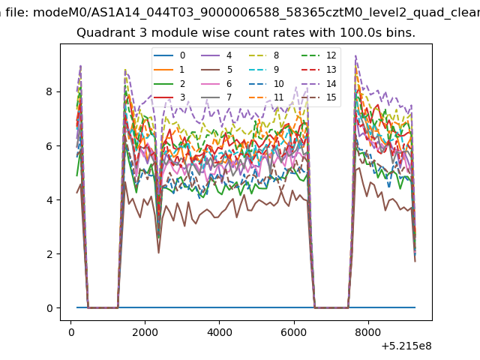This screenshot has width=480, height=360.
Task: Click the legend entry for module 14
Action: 319,83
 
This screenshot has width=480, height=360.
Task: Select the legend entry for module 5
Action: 217,70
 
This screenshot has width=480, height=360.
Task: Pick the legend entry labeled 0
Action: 169,55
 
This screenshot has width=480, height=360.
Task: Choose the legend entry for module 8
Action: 264,55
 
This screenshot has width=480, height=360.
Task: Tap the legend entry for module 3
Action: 169,97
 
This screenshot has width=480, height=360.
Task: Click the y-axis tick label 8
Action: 49,91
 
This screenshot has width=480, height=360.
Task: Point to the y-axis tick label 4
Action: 49,200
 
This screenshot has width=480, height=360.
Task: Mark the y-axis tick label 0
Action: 49,308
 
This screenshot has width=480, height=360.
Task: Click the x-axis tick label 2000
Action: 145,332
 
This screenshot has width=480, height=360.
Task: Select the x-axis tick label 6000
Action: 294,332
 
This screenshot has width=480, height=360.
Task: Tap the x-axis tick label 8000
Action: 368,332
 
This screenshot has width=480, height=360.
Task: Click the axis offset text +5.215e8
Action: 406,346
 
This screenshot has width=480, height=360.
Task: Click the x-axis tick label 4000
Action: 220,332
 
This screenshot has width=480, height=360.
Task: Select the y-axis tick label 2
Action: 49,254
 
